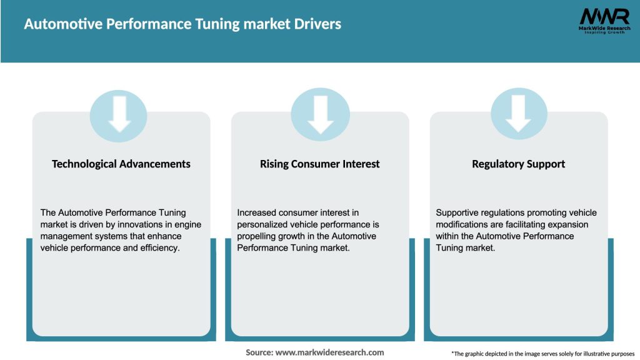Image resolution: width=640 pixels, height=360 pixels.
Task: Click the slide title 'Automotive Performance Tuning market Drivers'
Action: [182, 24]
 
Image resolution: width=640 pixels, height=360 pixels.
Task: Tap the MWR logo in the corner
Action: [596, 17]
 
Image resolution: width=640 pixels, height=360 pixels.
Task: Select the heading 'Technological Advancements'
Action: [121, 164]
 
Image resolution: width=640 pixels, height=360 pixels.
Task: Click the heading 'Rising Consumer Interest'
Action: [320, 164]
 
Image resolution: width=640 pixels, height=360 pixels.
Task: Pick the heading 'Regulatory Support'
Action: [519, 164]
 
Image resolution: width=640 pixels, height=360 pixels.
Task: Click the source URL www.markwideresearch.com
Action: [329, 352]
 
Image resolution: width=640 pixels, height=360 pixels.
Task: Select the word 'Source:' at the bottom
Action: [259, 352]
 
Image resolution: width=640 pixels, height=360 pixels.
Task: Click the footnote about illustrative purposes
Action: [542, 354]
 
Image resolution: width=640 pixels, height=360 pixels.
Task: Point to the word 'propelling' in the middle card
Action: [258, 236]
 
